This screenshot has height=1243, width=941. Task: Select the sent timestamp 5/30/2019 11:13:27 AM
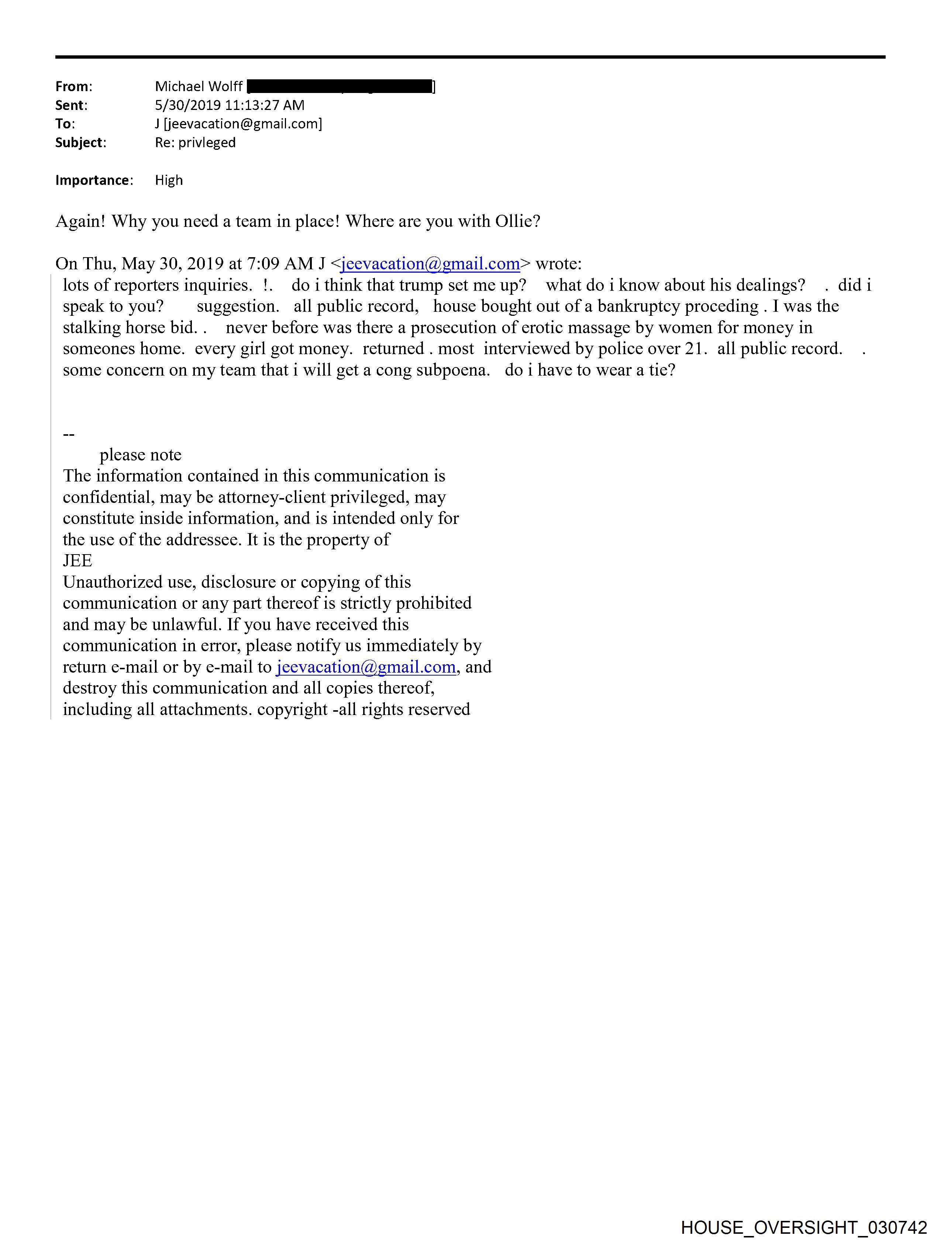[230, 105]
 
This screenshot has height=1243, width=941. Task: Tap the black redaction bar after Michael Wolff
[339, 87]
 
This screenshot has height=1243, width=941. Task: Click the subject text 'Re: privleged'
[195, 143]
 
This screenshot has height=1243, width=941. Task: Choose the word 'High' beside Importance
[169, 180]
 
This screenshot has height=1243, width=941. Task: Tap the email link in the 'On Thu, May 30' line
[430, 263]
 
